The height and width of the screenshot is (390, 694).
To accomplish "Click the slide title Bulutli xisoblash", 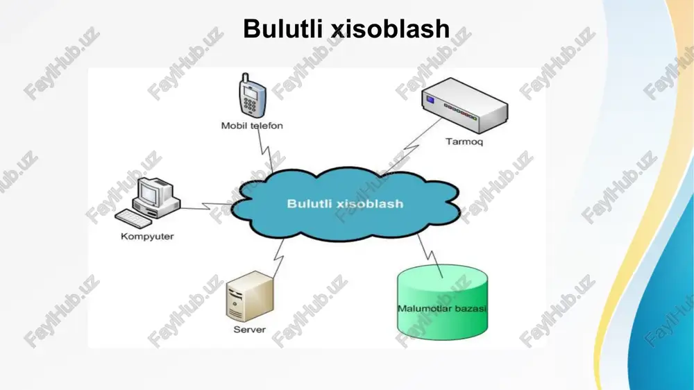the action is coord(346,29).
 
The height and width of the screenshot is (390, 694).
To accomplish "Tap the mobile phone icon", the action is coord(252,96).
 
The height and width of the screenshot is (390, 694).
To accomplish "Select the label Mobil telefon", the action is coord(252,126).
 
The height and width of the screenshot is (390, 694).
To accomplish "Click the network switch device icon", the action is coord(464,105).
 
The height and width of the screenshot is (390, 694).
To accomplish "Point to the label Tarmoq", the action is coord(464,142).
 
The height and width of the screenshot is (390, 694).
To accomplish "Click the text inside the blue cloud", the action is coord(345,203).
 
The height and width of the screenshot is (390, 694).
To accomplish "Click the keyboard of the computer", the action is coord(133,219).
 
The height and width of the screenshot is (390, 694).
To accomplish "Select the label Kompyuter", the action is coord(147,237).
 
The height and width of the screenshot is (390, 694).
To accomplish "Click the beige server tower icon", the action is coord(250,296).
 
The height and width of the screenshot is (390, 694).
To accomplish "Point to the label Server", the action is coord(250,330).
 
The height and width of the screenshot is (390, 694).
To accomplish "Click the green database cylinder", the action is coord(443,302).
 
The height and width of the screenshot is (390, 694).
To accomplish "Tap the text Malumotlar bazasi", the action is coord(442,309).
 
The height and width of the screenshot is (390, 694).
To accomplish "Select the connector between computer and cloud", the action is coord(208,206).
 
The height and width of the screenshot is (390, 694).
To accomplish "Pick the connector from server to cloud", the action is coord(278,259).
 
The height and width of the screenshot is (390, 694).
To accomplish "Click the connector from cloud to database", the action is coord(430,255).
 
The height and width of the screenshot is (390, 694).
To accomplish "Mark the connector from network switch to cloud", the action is coord(412,146).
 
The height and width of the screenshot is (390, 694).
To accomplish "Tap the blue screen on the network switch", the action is coord(430,100).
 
